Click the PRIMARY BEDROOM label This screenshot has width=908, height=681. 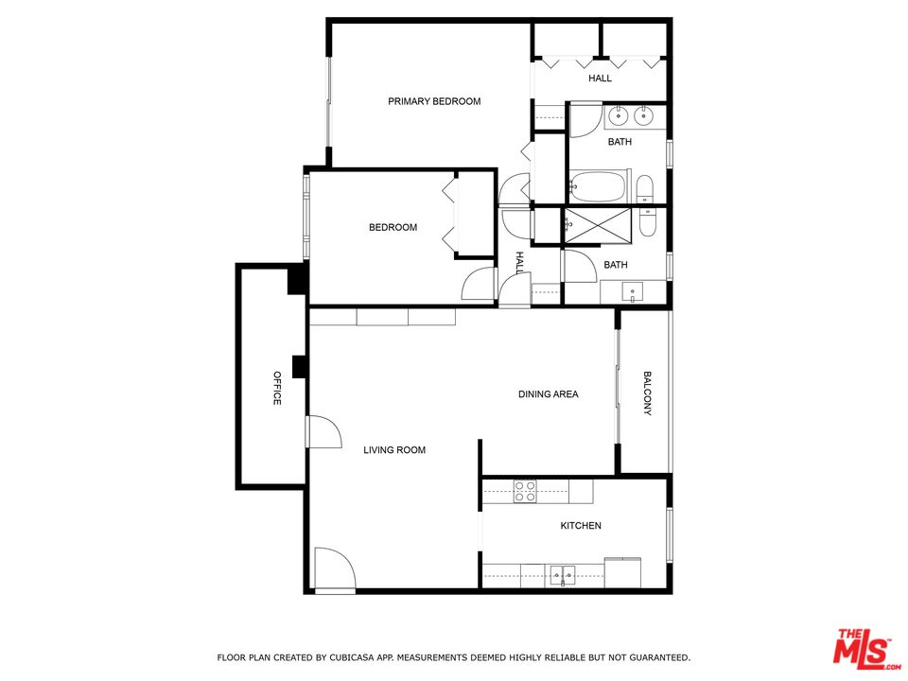[434, 101]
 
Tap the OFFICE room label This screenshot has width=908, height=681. [277, 388]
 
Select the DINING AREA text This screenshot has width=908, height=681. [548, 394]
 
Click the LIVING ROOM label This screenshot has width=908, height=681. [394, 450]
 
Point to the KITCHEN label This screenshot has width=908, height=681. [581, 526]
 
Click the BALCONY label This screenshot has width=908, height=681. [648, 392]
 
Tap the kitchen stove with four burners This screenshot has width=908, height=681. [526, 491]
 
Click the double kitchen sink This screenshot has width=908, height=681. [562, 575]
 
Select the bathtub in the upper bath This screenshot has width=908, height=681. [597, 186]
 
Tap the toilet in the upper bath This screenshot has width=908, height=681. [645, 190]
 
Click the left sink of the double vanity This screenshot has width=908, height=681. [618, 117]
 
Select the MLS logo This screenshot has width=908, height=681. [864, 651]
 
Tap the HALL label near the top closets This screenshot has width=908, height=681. [600, 79]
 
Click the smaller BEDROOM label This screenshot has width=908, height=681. [393, 227]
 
